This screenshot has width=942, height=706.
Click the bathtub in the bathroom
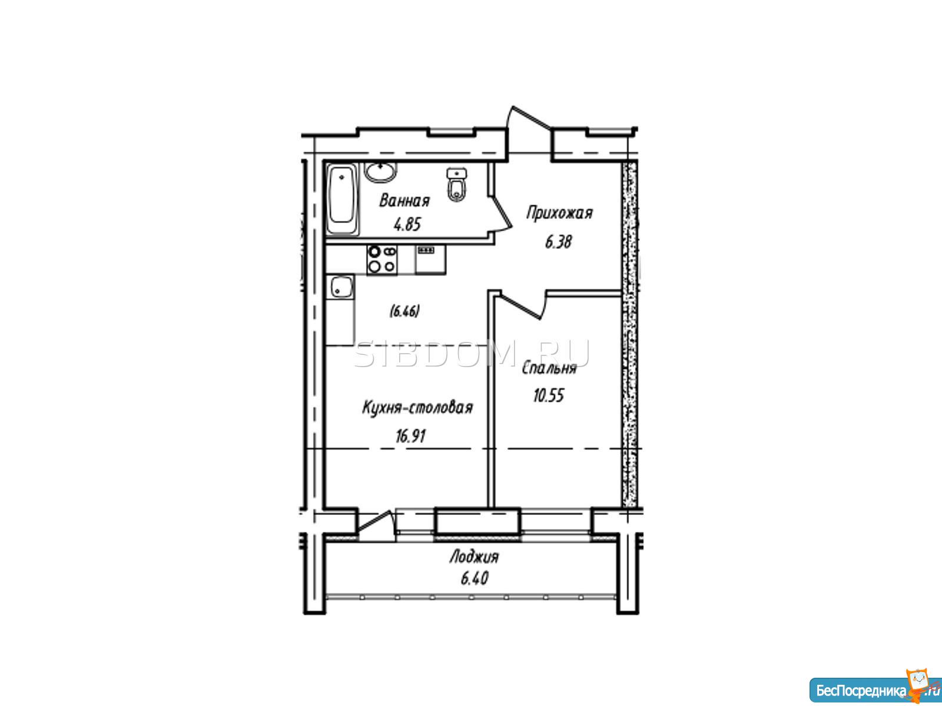(342, 199)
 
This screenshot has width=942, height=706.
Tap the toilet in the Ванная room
(457, 185)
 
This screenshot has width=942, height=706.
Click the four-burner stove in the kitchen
(382, 260)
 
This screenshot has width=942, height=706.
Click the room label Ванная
(404, 201)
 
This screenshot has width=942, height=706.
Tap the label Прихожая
(560, 213)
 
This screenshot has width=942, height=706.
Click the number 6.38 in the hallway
(558, 242)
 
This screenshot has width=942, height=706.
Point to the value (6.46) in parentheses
(404, 311)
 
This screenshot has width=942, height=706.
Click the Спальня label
(549, 368)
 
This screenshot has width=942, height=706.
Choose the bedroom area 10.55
(549, 395)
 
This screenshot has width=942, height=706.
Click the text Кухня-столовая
(417, 408)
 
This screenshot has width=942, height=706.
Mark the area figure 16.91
(411, 437)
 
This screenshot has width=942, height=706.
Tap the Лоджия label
(474, 558)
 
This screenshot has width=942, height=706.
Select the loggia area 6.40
(474, 579)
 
